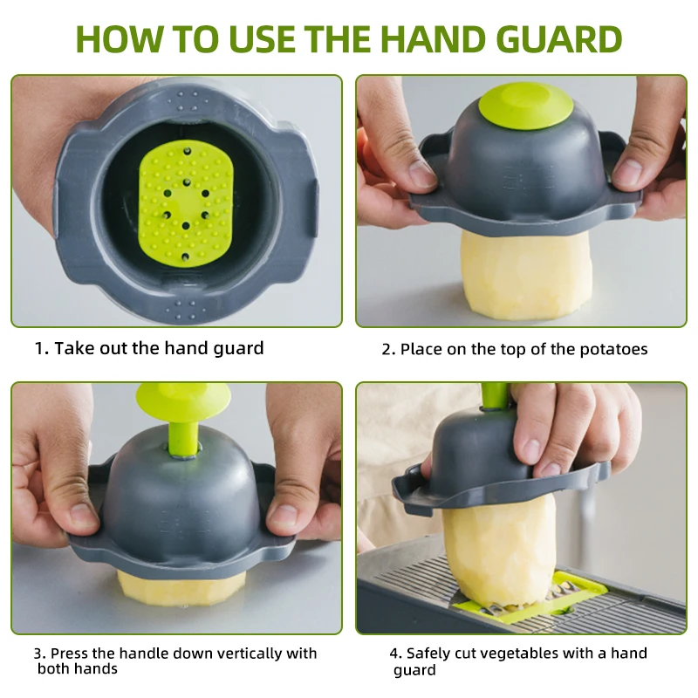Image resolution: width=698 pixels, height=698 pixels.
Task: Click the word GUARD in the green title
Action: [x=559, y=38]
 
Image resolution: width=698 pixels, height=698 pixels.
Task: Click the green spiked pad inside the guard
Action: [x=186, y=204]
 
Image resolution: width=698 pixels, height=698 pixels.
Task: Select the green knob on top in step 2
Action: [x=525, y=106]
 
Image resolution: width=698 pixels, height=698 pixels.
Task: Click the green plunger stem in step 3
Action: [x=183, y=439]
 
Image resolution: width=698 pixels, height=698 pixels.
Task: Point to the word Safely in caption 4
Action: [x=428, y=654]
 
